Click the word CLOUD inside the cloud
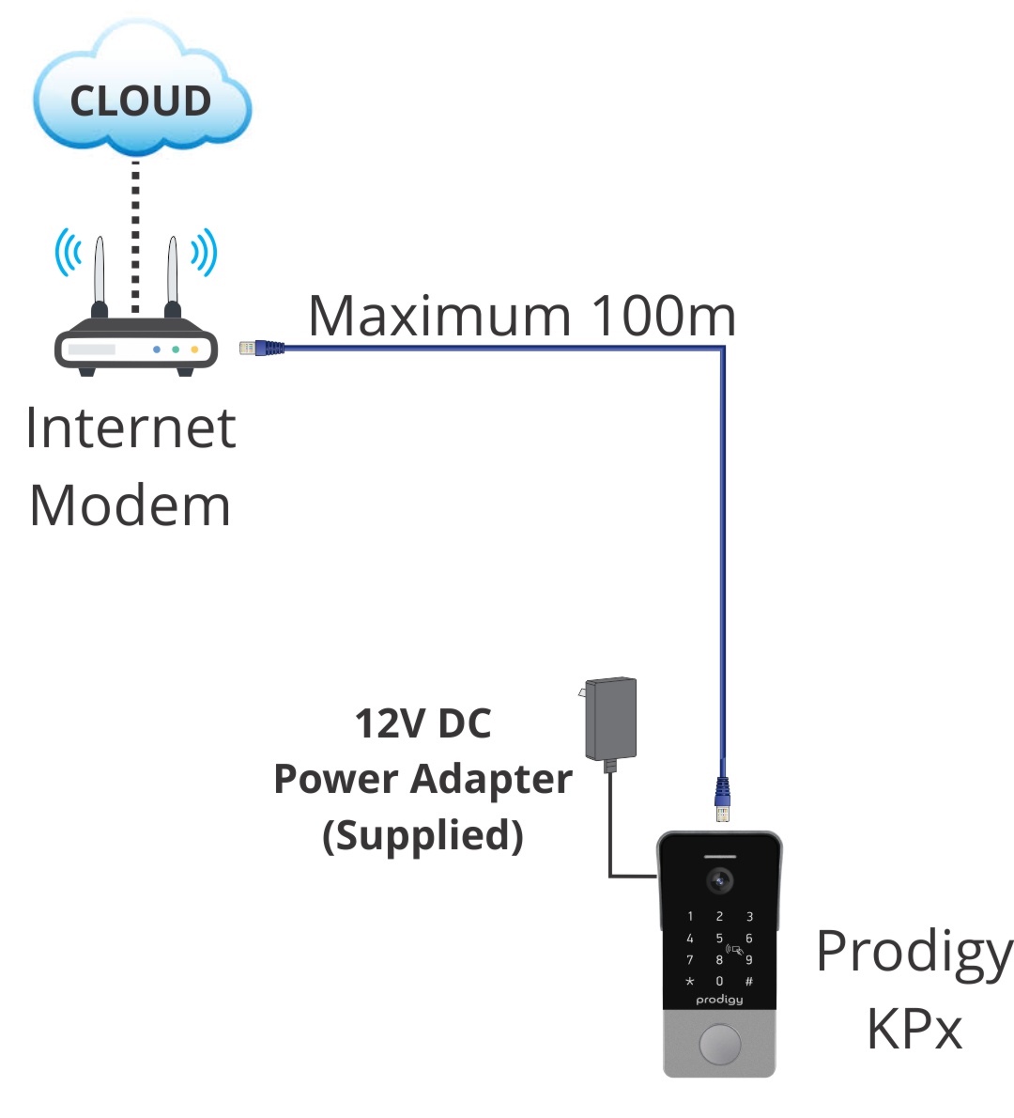[141, 101]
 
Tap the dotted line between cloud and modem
[135, 235]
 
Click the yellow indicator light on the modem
[195, 349]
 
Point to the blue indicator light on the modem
[157, 349]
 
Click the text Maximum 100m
[522, 316]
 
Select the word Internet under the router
[131, 428]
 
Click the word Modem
[131, 505]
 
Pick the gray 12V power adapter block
[610, 719]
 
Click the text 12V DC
[422, 723]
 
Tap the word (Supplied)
[422, 835]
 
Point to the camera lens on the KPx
[719, 881]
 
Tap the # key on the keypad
[749, 981]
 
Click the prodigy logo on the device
[719, 1000]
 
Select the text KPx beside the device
[914, 1029]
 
